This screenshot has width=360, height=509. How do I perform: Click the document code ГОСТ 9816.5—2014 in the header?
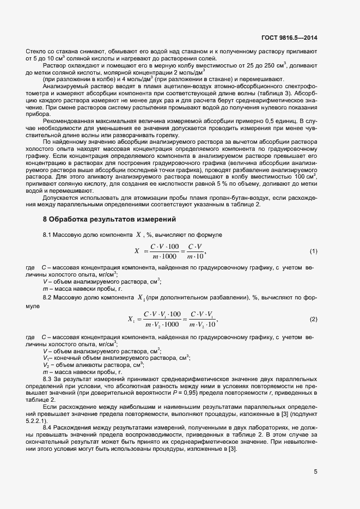coord(290,38)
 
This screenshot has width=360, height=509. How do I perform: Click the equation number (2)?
coord(314,319)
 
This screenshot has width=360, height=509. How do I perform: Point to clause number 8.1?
coord(48,234)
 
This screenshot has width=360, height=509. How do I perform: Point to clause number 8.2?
coord(48,298)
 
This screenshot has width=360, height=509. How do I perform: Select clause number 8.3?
coord(48,378)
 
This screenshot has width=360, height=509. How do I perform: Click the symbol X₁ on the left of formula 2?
coord(132,319)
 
